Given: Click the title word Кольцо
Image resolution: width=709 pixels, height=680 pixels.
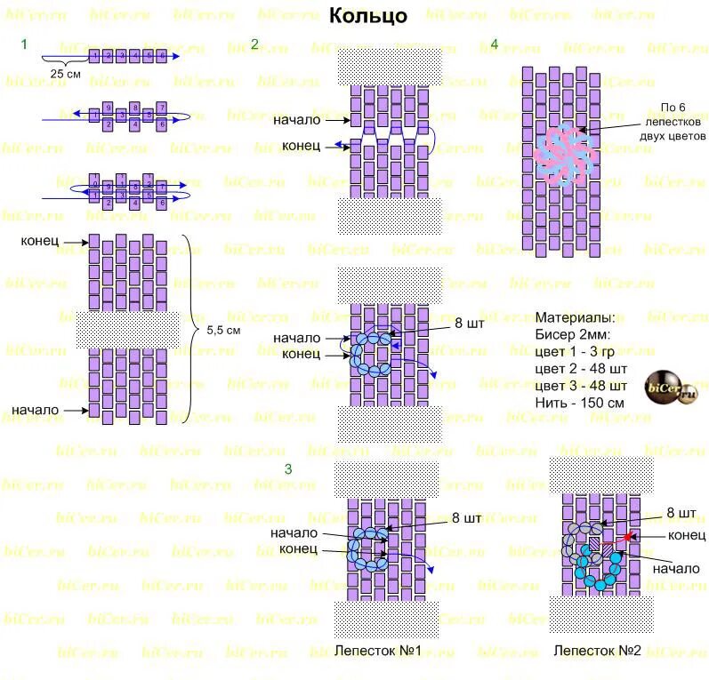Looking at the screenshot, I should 367,16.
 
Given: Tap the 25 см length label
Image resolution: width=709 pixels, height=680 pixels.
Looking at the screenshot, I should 65,74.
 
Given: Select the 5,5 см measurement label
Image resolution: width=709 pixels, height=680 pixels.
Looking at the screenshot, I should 223,330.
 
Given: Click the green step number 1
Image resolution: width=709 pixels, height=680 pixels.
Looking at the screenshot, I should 25,45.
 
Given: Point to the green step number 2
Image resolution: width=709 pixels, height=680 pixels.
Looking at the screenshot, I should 254,45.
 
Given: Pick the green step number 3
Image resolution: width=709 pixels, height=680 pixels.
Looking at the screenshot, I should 287,468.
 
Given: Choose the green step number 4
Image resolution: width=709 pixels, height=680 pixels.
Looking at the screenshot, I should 495,45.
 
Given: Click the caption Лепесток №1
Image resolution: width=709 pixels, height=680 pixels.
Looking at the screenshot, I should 377,651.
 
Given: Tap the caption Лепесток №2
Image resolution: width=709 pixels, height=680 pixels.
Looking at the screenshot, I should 597,651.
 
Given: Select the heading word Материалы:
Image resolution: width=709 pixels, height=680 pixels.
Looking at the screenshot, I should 575,317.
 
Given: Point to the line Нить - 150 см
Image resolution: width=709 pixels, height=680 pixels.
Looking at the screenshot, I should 579,403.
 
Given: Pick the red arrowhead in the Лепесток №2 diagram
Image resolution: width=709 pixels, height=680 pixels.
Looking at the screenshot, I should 627,536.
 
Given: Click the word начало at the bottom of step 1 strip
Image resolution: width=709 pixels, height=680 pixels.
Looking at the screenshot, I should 36,410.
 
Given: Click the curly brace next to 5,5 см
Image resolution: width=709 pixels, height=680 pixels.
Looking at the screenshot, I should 192,330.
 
